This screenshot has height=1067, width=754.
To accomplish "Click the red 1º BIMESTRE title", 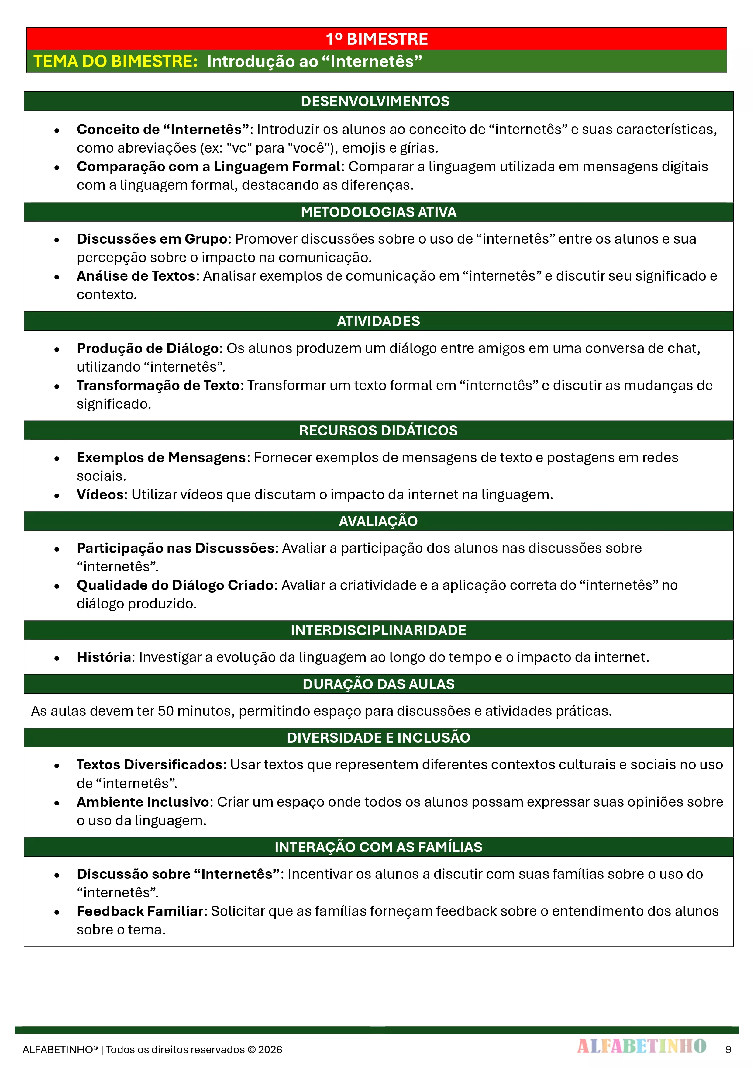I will [376, 39].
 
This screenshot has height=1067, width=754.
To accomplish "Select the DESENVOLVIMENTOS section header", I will [375, 101].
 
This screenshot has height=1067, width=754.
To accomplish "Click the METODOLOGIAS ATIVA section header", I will [378, 212].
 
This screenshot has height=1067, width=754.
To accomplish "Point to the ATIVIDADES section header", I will [378, 321].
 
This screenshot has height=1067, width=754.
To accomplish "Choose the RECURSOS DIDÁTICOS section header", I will [378, 430].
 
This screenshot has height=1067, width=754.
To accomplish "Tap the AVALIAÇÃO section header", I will [378, 521].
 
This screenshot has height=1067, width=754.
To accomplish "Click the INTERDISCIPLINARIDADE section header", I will [378, 630].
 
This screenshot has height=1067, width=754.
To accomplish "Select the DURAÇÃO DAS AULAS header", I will [378, 684].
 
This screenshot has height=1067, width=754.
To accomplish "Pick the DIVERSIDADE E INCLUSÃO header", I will [378, 737].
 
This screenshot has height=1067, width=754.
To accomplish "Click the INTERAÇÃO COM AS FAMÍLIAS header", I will [378, 847].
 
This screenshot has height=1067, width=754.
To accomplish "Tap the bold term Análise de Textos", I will [136, 276].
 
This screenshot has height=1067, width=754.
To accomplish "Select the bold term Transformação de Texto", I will [158, 385].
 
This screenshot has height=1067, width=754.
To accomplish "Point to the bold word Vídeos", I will [100, 494].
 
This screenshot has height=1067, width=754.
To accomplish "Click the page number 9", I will [728, 1049].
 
